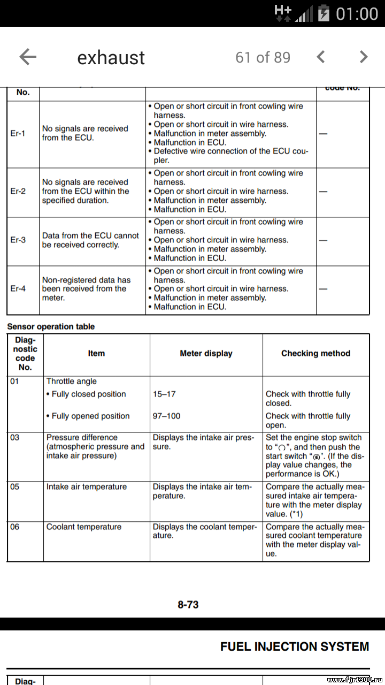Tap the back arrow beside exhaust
[x=28, y=57]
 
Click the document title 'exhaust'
[x=111, y=58]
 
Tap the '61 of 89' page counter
[x=263, y=57]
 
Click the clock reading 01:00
[x=357, y=14]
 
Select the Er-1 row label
[x=18, y=133]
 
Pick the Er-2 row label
[x=18, y=191]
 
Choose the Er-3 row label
[x=18, y=240]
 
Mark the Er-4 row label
[x=18, y=288]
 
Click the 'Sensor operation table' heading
[x=51, y=326]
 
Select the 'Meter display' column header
[x=206, y=353]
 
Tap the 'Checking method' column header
[x=315, y=353]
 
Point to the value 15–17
[x=164, y=394]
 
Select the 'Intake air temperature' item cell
[x=87, y=486]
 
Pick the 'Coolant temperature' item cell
[x=83, y=527]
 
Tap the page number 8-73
[x=188, y=604]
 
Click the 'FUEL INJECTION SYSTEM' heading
[x=295, y=646]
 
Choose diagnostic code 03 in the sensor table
[x=15, y=437]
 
